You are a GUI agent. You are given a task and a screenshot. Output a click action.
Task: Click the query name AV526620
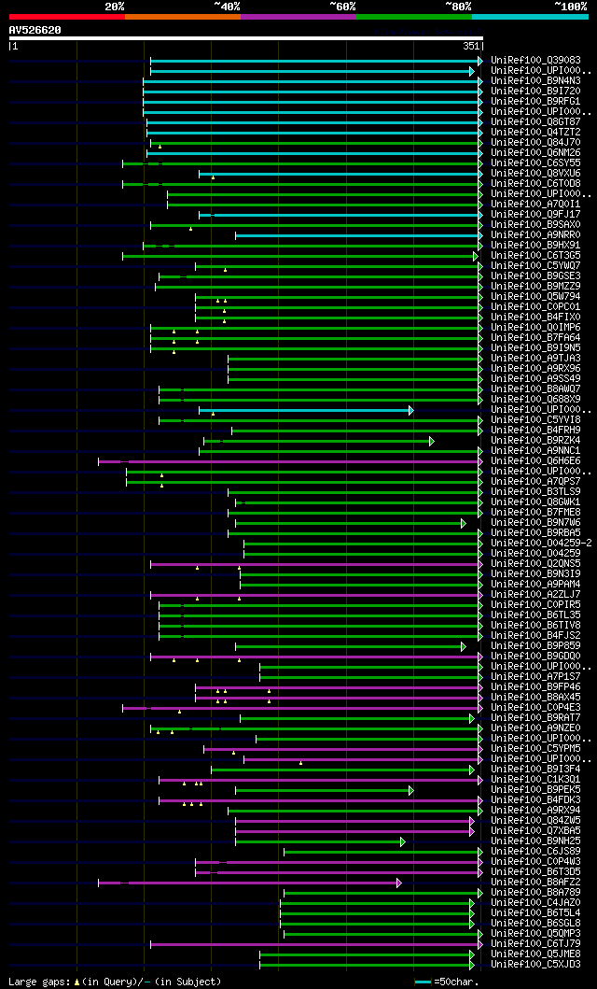point(35,30)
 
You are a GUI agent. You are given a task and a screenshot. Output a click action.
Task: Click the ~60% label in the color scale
point(342,7)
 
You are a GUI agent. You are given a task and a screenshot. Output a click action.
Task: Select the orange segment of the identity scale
point(182,16)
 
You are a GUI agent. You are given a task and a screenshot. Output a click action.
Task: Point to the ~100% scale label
point(570,7)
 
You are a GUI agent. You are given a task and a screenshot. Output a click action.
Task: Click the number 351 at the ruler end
point(471,45)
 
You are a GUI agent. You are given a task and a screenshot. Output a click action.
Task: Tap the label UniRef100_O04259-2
point(540,544)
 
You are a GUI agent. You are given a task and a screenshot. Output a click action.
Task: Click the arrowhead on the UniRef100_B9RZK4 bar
point(431,441)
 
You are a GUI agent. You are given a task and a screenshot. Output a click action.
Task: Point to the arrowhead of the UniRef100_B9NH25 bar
point(403,841)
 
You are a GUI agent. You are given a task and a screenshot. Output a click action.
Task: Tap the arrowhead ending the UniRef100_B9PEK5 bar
point(410,790)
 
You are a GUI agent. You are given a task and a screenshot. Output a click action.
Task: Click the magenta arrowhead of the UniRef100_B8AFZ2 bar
point(399,883)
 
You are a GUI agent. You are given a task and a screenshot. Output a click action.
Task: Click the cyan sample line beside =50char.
point(423,982)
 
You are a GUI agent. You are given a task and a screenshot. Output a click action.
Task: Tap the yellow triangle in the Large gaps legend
point(76,982)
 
